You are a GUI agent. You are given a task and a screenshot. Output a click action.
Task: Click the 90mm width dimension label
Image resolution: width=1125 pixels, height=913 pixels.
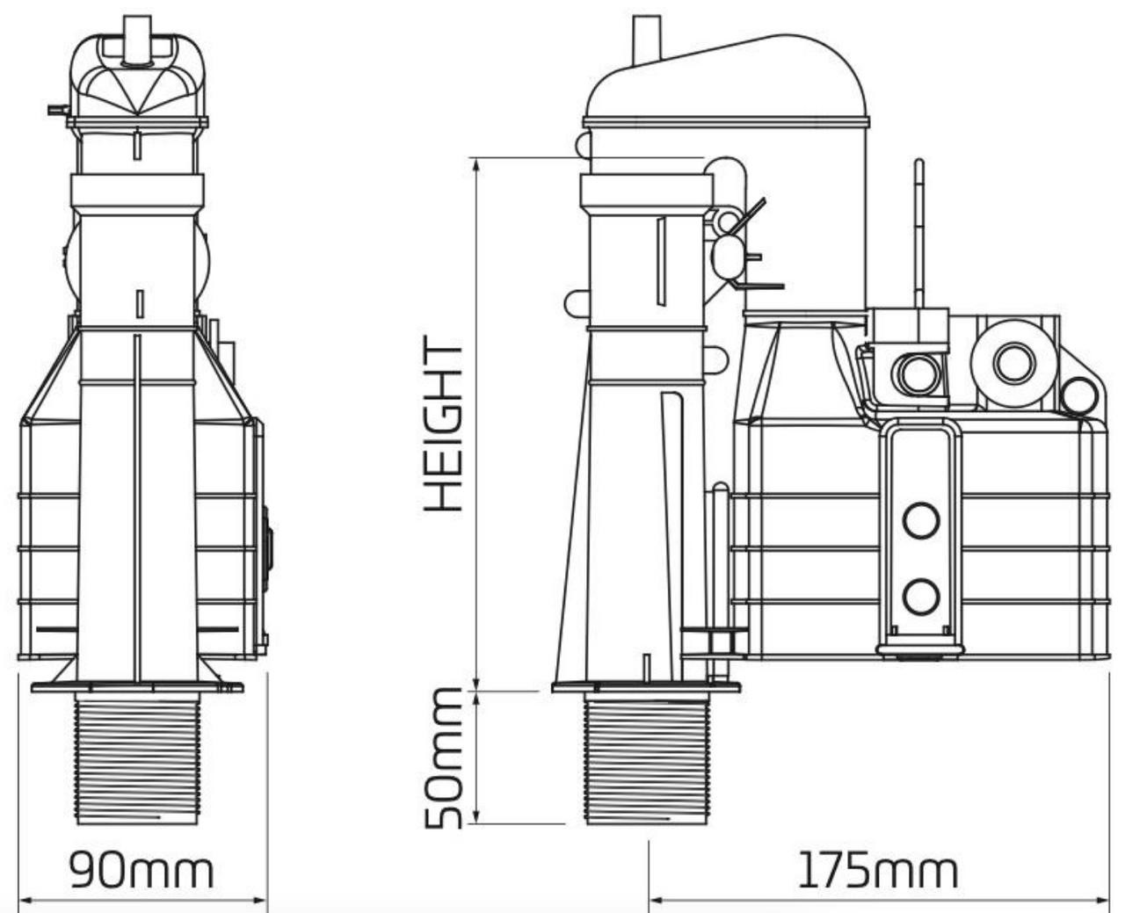tap(142, 870)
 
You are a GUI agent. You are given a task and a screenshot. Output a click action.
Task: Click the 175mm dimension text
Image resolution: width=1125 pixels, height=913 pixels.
tap(877, 870)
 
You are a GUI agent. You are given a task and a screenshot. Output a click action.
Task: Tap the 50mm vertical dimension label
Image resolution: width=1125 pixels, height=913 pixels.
tap(443, 757)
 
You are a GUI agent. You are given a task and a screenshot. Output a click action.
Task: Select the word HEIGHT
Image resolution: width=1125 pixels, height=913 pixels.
tap(443, 424)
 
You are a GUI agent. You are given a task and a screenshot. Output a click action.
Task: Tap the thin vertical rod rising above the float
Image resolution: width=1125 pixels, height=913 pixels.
tap(919, 233)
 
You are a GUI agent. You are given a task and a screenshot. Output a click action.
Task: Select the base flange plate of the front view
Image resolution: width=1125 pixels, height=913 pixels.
tap(138, 687)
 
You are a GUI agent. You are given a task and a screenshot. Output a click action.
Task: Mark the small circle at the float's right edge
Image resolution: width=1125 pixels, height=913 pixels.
tap(1078, 396)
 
